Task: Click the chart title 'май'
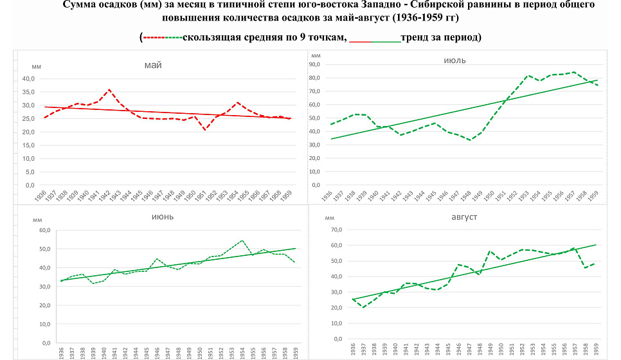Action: point(153,65)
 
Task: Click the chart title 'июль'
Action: point(455,60)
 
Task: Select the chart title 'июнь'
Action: point(163,216)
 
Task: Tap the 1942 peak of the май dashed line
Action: point(109,90)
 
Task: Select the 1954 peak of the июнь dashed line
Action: point(242,241)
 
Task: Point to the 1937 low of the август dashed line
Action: point(363,307)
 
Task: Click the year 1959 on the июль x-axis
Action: point(597,195)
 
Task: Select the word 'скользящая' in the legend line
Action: point(208,37)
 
